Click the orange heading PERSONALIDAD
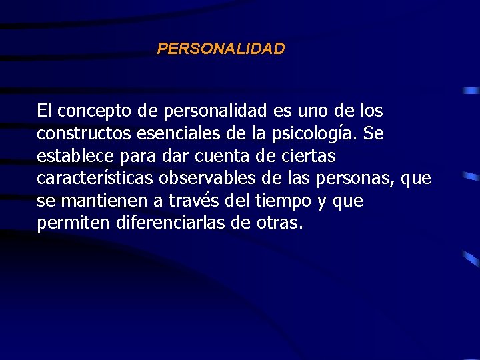coord(221,49)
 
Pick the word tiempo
coord(271,201)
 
